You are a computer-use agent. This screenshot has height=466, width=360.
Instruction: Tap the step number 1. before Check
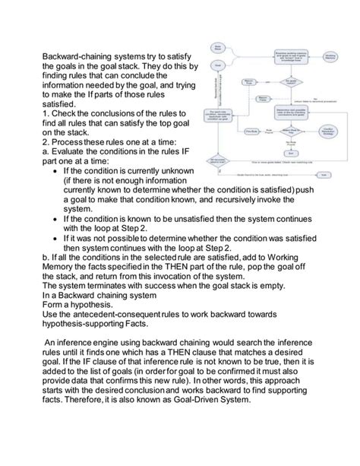tap(46, 113)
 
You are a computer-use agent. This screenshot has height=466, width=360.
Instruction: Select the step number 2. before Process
tap(46, 141)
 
